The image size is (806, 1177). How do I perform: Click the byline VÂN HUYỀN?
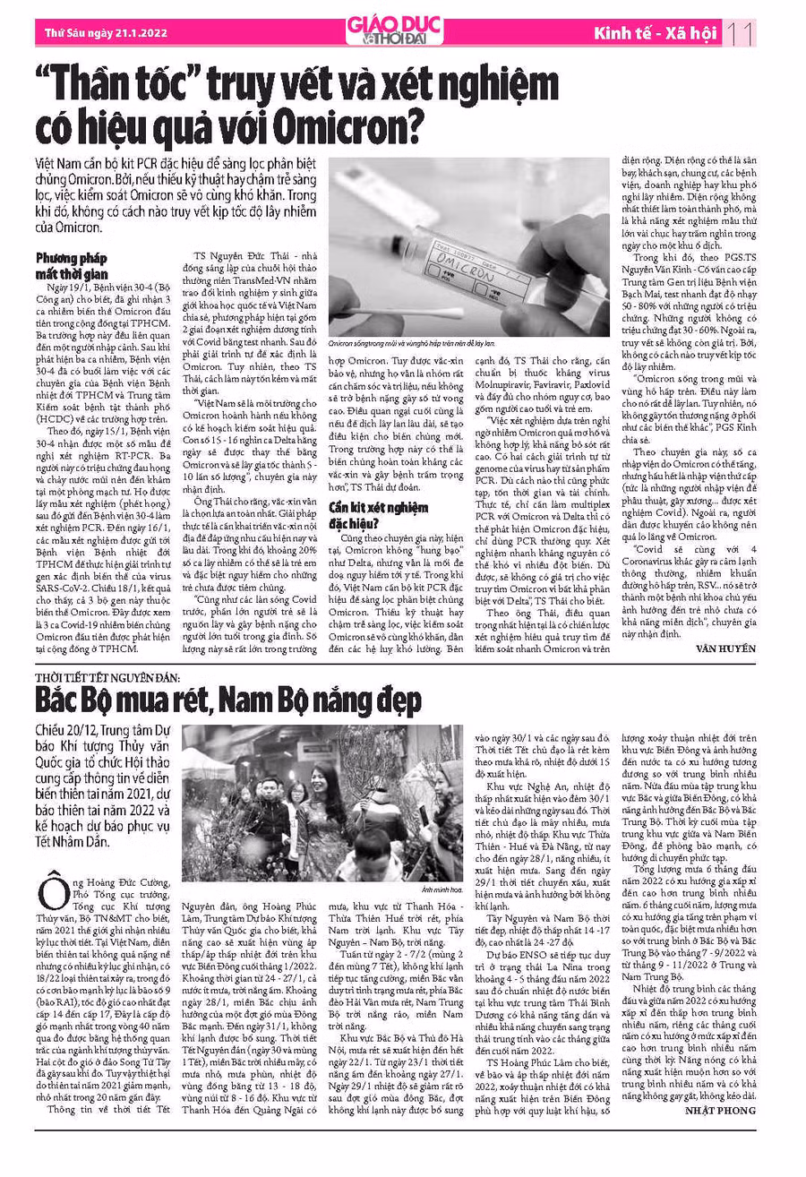725,648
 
